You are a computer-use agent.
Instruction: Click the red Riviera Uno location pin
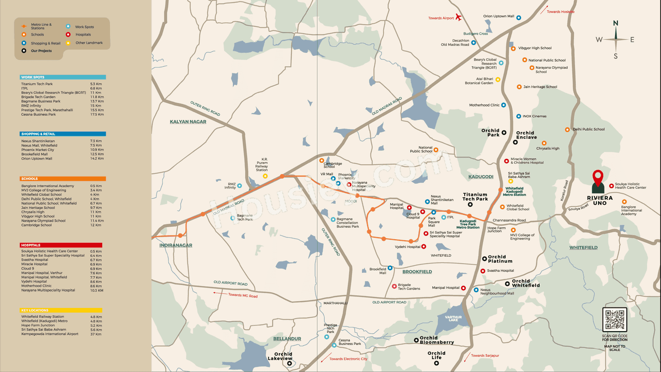[598, 177]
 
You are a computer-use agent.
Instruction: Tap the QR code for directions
[615, 320]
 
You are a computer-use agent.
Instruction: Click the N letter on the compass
[616, 23]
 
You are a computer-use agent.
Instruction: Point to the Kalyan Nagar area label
[188, 122]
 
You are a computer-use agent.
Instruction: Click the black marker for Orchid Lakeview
[290, 363]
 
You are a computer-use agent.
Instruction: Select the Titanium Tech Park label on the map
[475, 197]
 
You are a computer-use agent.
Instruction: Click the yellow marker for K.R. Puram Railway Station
[265, 176]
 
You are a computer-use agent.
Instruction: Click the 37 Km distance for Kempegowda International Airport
[96, 334]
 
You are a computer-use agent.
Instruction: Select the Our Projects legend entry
[41, 51]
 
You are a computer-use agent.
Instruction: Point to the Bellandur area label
[287, 339]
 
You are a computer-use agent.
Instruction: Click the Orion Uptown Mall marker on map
[518, 17]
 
